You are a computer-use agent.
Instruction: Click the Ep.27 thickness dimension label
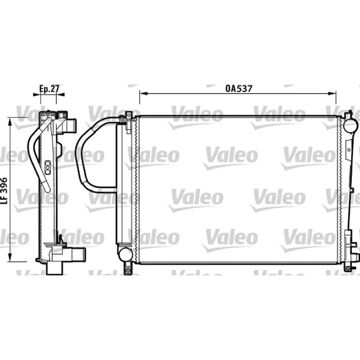pos(49,89)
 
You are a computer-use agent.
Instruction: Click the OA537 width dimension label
pos(239,89)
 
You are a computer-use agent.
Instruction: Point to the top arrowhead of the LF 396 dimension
pos(9,121)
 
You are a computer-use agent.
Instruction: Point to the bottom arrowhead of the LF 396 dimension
pos(9,257)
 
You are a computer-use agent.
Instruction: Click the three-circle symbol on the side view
pos(48,167)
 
